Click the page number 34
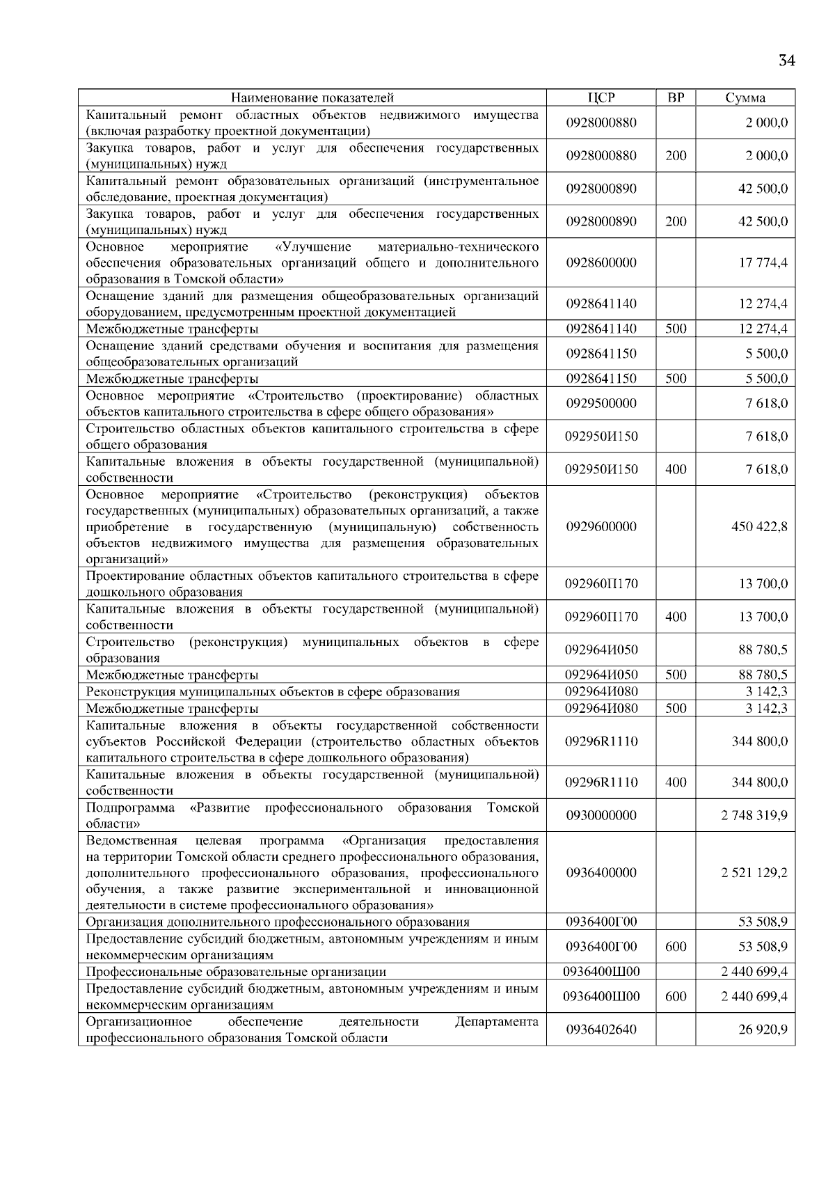coord(786,61)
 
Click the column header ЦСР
coord(601,98)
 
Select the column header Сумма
coord(745,98)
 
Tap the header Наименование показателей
coord(312,98)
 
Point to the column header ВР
coord(676,98)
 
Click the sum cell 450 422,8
coord(759,526)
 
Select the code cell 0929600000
coord(601,526)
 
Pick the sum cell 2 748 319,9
coord(754,815)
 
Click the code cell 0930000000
coord(601,815)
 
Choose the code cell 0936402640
coord(601,1030)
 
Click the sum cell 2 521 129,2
coord(754,873)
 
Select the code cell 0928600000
coord(601,263)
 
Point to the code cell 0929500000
coord(601,404)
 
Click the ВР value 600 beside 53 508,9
coord(676,947)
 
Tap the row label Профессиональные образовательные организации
coord(236,972)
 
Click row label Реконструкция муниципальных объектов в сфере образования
coord(273,692)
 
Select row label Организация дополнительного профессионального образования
coord(278,922)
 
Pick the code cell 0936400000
coord(601,873)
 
